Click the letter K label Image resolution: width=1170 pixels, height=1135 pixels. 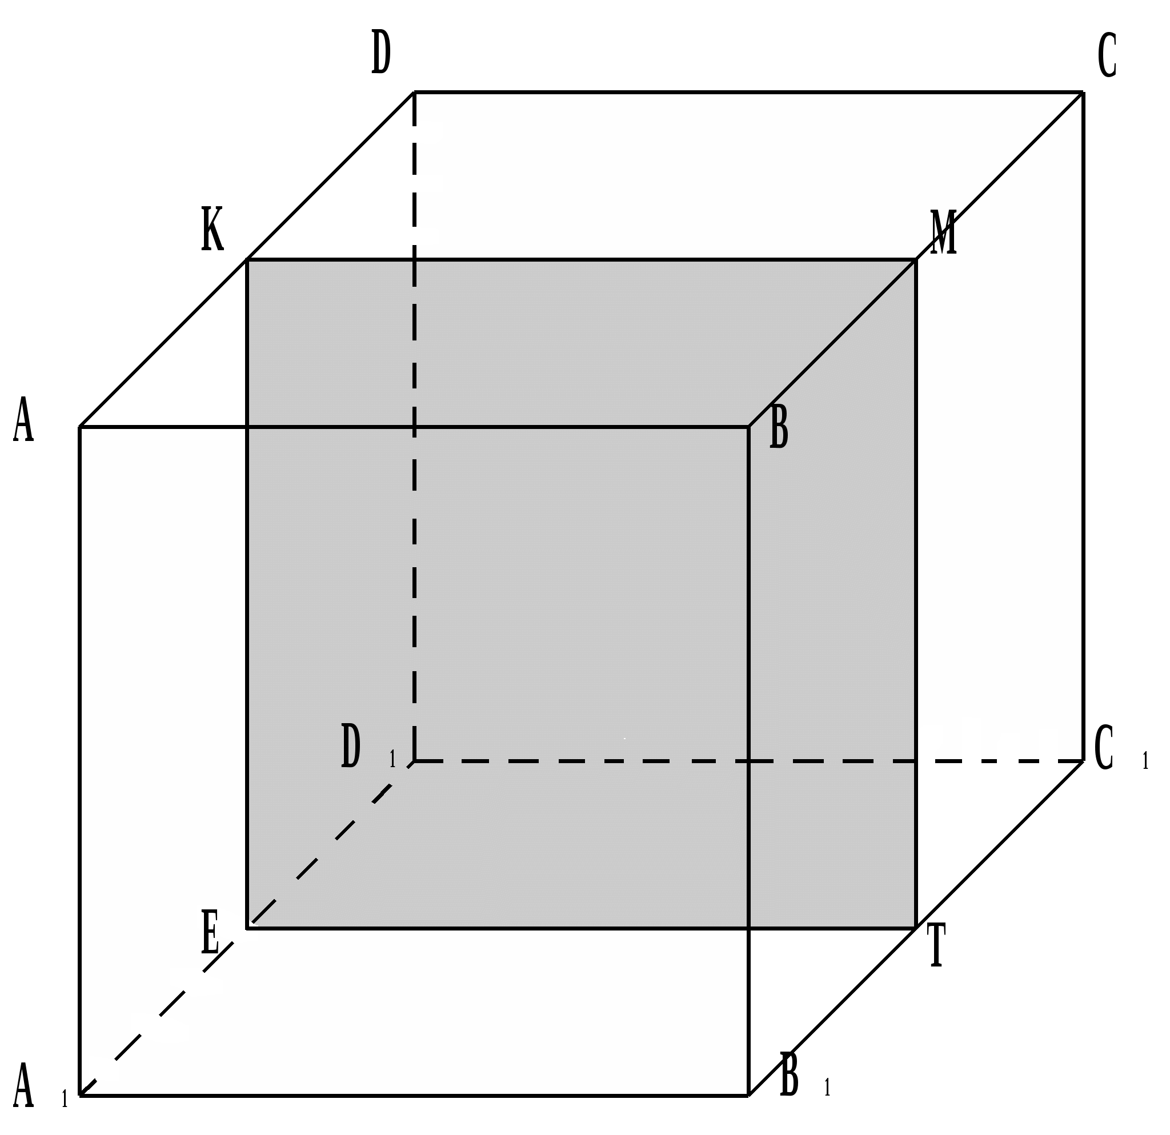pos(213,228)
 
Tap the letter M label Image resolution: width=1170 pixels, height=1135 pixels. pos(944,232)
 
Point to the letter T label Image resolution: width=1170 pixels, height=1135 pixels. pos(936,945)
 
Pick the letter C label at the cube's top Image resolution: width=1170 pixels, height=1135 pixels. pos(1107,55)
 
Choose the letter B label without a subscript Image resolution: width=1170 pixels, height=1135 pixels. pos(779,426)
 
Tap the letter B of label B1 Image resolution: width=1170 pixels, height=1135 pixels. pos(790,1074)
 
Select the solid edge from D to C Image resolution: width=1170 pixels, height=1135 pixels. pos(746,93)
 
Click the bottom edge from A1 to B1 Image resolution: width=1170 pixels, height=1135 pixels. pos(418,1096)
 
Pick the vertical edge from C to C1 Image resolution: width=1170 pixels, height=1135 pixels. pos(1083,418)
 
